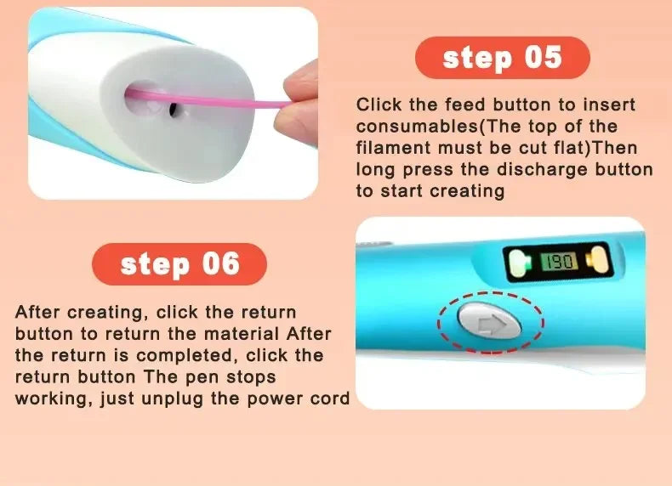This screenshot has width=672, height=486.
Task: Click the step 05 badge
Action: click(502, 58)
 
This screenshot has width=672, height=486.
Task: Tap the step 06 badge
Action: click(179, 263)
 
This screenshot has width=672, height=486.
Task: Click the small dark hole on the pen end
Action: click(174, 109)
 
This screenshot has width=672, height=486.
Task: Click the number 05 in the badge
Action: click(542, 58)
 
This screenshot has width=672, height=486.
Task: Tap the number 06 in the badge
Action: click(221, 263)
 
